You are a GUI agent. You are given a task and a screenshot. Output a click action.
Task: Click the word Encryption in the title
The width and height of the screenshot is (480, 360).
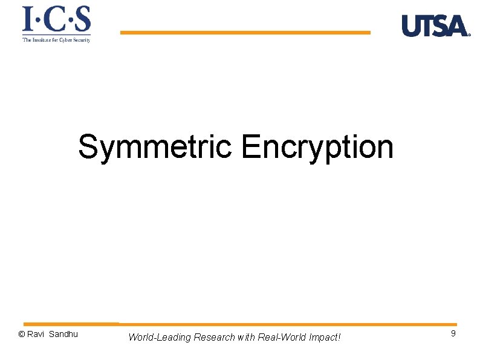click(317, 147)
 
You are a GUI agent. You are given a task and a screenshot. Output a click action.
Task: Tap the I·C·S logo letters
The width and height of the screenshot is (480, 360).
click(56, 20)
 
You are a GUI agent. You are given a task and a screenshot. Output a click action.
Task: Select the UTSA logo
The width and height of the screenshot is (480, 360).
click(435, 26)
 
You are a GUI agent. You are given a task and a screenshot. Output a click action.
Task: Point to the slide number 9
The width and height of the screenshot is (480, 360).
click(453, 334)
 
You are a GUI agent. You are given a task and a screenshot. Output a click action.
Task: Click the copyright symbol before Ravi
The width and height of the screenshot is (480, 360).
click(22, 335)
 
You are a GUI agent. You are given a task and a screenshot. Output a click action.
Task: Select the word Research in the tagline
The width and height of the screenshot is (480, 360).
click(214, 337)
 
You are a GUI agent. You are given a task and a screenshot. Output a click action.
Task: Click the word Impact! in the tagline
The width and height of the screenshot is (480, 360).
click(325, 337)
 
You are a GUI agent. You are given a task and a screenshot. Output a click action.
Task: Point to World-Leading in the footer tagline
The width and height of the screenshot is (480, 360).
click(159, 337)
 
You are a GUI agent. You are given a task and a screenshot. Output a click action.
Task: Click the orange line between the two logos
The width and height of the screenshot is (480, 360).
click(245, 33)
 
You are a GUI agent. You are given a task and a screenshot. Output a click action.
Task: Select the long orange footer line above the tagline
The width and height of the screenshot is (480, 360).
click(288, 324)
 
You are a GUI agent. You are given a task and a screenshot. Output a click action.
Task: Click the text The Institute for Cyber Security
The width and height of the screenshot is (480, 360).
click(56, 40)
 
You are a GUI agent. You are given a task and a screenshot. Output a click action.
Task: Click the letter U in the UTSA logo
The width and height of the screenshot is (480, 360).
click(411, 26)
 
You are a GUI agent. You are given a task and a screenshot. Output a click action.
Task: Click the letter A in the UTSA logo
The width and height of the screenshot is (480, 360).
click(458, 27)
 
